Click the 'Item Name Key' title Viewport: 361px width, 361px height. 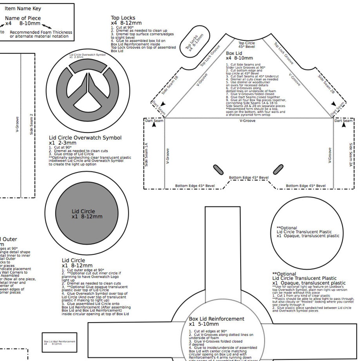(23, 9)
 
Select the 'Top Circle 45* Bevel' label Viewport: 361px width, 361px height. (246, 45)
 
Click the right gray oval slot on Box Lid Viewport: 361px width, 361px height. (278, 169)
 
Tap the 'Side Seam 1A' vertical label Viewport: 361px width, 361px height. (146, 154)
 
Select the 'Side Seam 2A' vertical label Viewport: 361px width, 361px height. (351, 155)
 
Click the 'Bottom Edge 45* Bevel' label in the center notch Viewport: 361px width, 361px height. (249, 178)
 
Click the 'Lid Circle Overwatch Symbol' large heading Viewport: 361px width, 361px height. (85, 138)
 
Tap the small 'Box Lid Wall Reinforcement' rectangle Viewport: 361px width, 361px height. (60, 342)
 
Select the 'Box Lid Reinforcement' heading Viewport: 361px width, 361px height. (216, 319)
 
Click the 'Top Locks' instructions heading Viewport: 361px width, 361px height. (123, 18)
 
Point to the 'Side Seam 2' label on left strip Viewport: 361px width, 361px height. (31, 124)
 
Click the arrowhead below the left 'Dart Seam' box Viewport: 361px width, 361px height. (154, 125)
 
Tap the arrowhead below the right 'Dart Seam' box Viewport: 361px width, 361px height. (344, 125)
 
